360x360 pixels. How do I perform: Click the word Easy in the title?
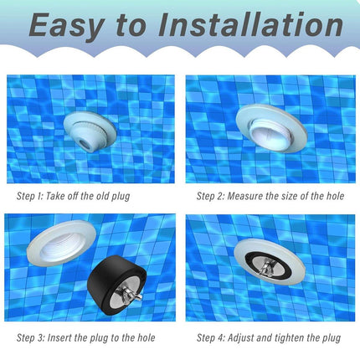66,26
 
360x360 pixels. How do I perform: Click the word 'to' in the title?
131,26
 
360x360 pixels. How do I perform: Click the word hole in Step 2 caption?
335,196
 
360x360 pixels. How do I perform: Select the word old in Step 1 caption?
103,196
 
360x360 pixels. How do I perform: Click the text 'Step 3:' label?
31,338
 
